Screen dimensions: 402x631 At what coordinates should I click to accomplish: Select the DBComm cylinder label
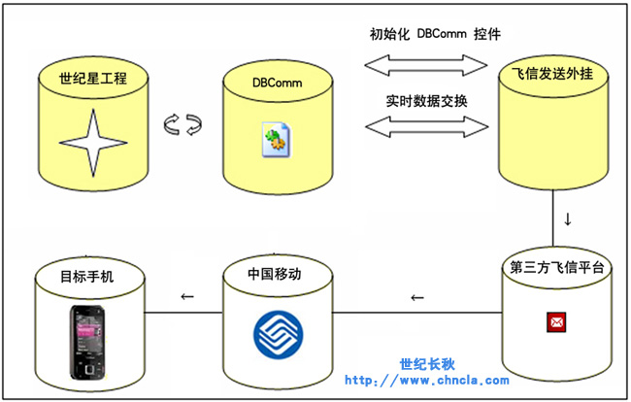[277, 84]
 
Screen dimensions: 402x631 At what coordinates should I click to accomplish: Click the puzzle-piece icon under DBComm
[275, 142]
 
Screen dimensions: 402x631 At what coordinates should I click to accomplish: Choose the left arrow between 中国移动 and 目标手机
[187, 297]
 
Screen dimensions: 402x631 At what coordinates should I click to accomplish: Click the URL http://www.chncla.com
[427, 381]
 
